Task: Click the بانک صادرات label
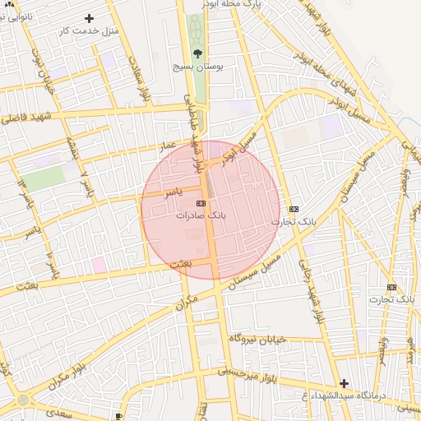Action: tap(201, 215)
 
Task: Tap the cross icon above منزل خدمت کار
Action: tap(90, 18)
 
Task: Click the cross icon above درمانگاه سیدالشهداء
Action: tap(344, 383)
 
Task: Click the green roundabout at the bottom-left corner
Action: tap(21, 400)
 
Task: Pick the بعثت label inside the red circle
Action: tap(178, 263)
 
